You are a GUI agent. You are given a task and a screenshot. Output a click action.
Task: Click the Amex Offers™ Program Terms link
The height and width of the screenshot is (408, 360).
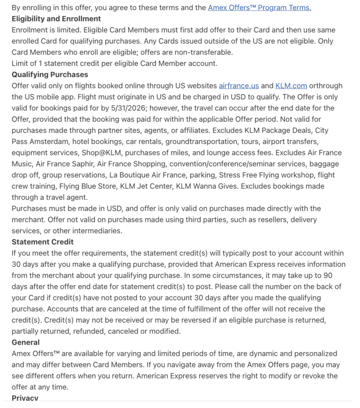(260, 8)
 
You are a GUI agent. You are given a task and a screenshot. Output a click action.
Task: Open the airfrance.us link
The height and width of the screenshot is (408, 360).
(239, 86)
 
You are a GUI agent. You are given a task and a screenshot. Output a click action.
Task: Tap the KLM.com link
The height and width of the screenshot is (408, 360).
(291, 86)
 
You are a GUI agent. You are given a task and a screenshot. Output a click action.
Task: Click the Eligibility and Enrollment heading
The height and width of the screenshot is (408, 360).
(56, 19)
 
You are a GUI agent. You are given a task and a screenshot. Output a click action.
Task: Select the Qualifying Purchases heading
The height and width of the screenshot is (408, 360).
(50, 75)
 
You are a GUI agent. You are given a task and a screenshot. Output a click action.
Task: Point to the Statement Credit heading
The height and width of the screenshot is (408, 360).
(43, 242)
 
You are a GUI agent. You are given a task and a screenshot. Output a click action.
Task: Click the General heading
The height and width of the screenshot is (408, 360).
(26, 342)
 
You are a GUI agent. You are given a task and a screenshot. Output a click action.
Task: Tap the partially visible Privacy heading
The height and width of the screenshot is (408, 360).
(25, 398)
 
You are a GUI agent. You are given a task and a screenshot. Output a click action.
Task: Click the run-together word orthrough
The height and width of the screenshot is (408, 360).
(326, 86)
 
